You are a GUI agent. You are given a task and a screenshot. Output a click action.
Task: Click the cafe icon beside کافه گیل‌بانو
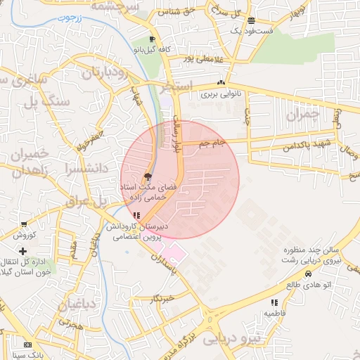point(153,39)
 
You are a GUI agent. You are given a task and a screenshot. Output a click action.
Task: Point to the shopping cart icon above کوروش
point(25,225)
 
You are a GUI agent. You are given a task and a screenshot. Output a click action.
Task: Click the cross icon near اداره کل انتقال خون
point(23,251)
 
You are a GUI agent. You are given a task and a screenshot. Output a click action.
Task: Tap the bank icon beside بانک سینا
point(27,345)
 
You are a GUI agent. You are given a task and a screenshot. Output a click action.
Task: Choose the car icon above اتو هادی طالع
point(308,274)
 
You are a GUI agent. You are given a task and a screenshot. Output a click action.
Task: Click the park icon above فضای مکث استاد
point(147,176)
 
